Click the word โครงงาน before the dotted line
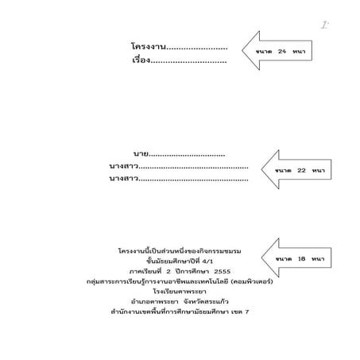[149, 48]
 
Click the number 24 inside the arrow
[281, 52]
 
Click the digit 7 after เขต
[247, 312]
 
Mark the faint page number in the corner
[324, 25]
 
